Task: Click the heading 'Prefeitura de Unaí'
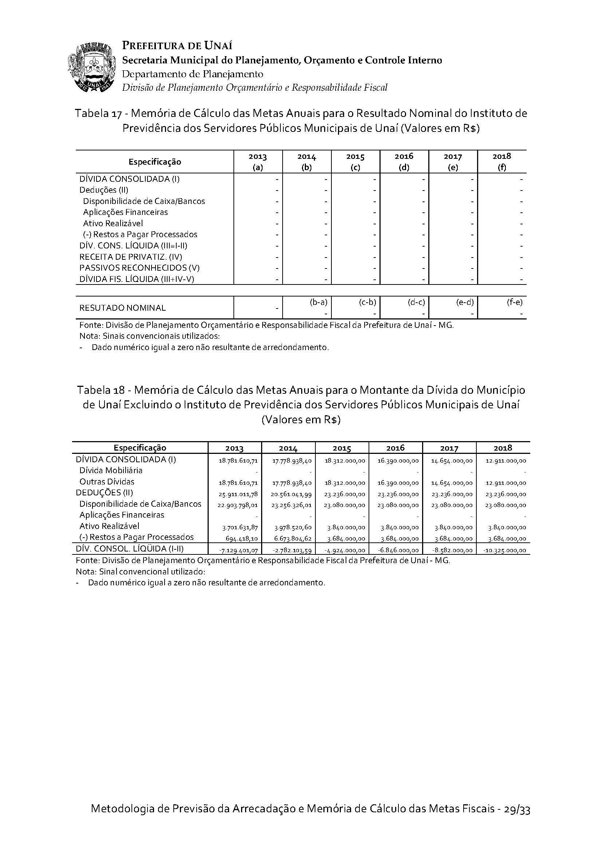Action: (177, 46)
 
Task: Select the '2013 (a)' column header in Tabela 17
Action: (257, 162)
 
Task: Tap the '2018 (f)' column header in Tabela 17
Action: (501, 162)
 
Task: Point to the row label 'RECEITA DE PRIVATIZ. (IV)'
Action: (131, 257)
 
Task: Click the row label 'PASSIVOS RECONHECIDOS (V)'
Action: (137, 268)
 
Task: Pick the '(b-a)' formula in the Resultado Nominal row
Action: (318, 302)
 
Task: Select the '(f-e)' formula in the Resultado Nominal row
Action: (514, 302)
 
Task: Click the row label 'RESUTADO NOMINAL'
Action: (122, 308)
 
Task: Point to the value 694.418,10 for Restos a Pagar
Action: (241, 538)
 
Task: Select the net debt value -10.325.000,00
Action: (505, 550)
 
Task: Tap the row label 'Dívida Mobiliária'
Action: (111, 471)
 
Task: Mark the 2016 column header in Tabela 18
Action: (396, 448)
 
